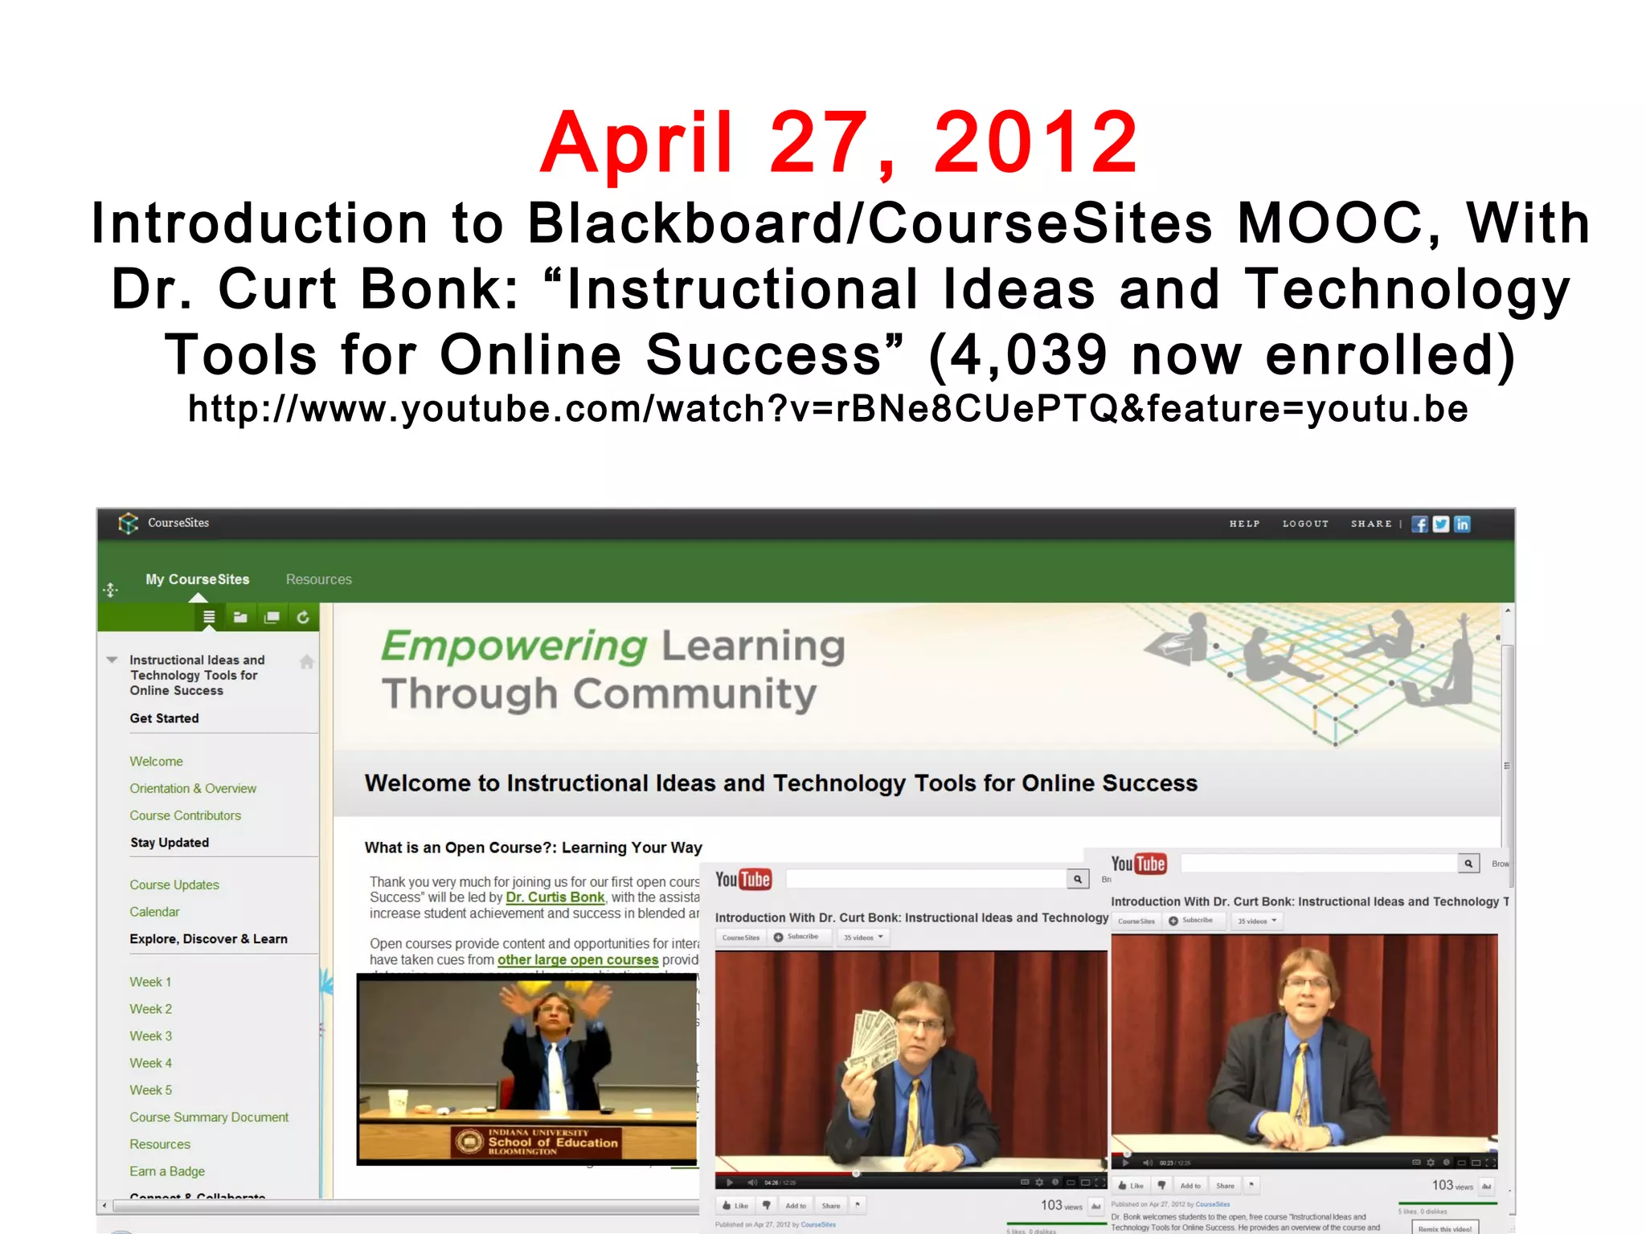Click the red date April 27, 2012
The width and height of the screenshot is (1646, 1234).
838,143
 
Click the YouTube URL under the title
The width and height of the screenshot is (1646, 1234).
828,409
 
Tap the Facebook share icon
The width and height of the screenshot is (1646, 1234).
1420,525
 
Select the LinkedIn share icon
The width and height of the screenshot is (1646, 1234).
1463,525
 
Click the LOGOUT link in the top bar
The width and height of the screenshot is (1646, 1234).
1305,524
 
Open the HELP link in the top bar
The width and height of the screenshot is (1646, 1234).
1244,524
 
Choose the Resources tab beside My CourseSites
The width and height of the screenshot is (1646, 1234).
318,579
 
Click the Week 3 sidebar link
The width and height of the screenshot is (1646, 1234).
151,1036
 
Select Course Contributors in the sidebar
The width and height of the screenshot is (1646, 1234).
185,815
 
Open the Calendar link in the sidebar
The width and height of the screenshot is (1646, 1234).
154,912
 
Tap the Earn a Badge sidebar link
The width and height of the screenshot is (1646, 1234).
167,1171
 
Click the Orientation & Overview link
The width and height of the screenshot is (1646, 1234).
193,789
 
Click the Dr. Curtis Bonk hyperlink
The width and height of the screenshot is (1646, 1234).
555,897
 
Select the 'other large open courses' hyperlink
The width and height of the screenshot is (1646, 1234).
577,960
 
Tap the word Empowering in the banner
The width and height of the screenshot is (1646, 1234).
514,646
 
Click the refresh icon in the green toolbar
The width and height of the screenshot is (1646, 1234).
303,617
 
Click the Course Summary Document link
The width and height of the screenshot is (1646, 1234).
209,1118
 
